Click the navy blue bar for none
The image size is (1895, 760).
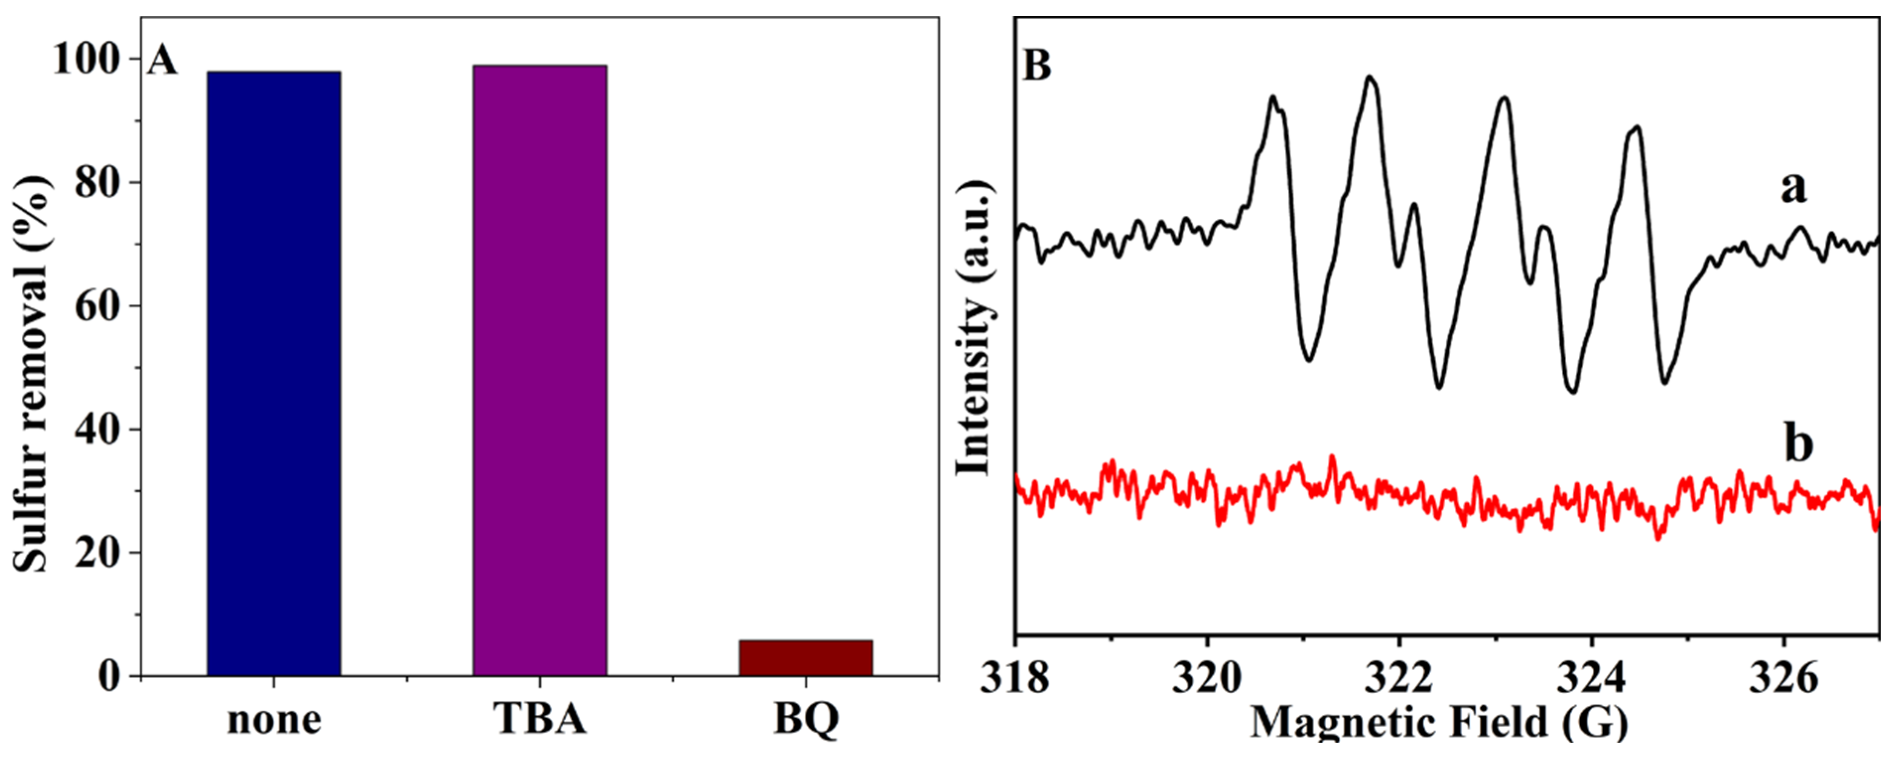[274, 373]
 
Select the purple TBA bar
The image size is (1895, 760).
[539, 370]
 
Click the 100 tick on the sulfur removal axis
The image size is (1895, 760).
[86, 59]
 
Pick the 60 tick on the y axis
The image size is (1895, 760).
[97, 306]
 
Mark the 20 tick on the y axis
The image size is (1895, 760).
[97, 553]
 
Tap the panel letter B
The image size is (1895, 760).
[1037, 66]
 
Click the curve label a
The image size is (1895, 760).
[1793, 188]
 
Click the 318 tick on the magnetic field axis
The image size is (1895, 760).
[1015, 678]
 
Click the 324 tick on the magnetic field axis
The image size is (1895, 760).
[1591, 678]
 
